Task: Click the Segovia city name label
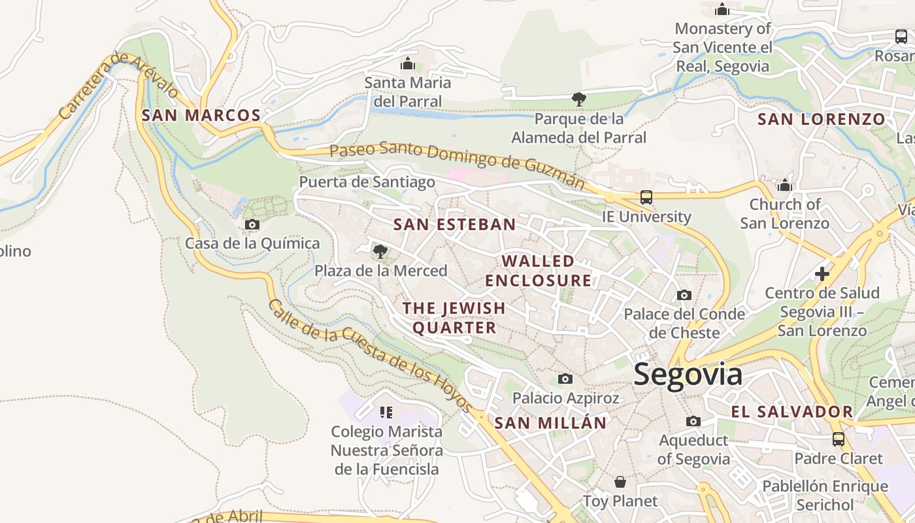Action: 688,375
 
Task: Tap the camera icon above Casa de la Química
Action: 252,225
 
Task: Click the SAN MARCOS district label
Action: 201,116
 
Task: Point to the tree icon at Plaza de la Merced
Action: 380,251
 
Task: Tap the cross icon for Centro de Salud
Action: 822,273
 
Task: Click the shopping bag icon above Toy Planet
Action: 620,482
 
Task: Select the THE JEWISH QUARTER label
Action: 454,318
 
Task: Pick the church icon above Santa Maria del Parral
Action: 408,63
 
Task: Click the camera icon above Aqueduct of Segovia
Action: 693,421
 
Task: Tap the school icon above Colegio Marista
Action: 386,412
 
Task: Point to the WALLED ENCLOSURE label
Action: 538,271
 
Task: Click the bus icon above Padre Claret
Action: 838,439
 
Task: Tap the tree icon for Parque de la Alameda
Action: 578,99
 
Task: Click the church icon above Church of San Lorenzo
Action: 785,186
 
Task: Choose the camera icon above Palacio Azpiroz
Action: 565,379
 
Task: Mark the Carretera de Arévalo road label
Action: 118,85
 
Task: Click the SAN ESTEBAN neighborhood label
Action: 454,225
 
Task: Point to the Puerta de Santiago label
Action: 367,182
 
